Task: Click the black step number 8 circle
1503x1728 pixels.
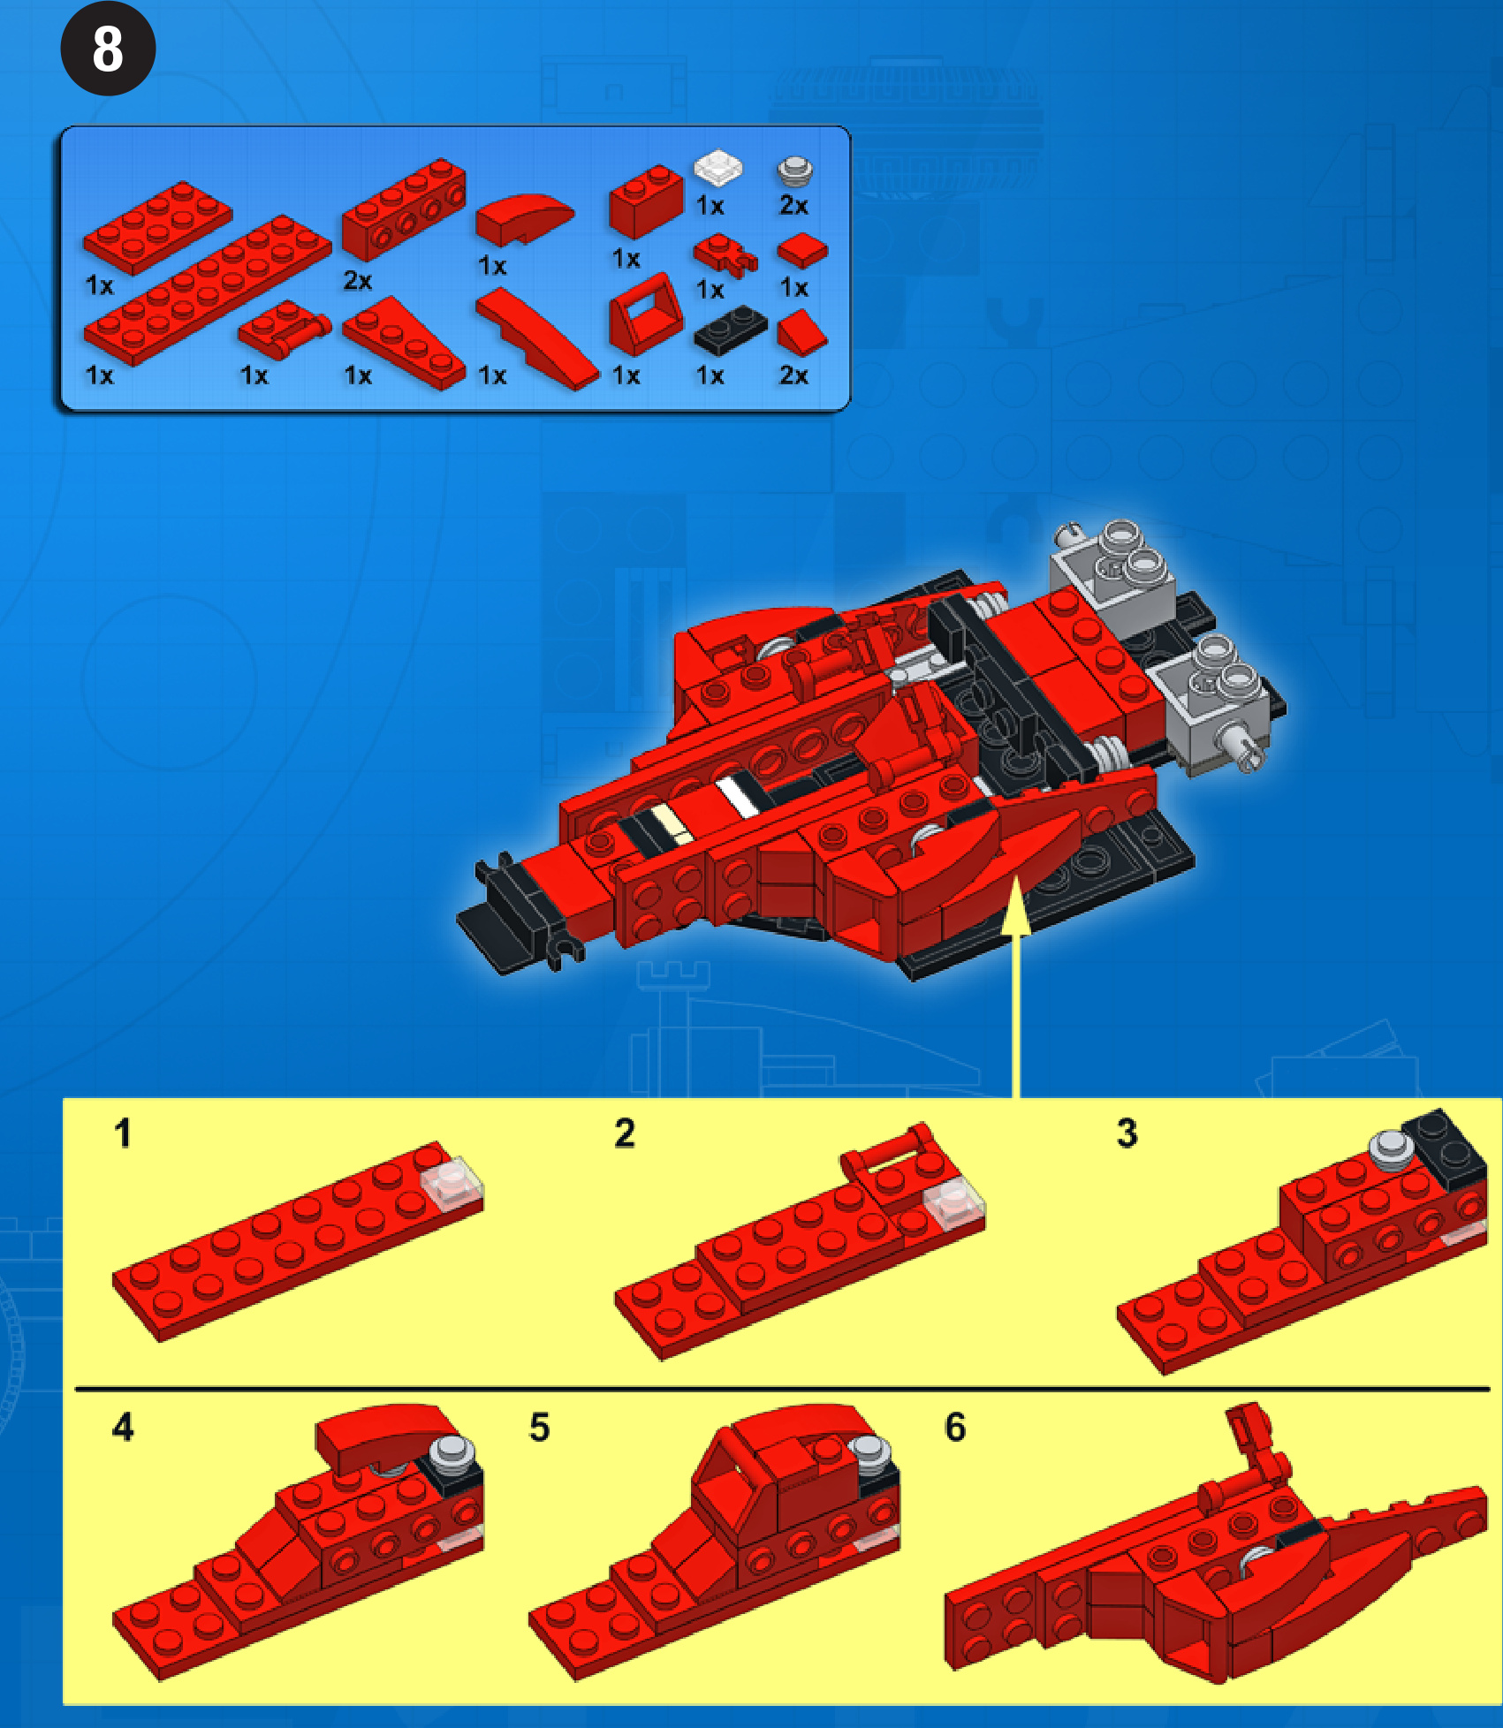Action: [108, 49]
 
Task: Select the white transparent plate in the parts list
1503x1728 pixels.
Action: [717, 168]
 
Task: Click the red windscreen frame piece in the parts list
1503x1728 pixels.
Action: [645, 315]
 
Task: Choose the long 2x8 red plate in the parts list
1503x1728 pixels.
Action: [207, 290]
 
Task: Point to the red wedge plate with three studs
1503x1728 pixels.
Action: [403, 343]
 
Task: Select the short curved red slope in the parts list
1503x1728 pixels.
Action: [523, 217]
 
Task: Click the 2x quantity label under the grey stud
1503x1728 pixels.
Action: [793, 206]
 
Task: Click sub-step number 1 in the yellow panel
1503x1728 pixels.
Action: [123, 1133]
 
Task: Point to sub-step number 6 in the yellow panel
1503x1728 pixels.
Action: [955, 1427]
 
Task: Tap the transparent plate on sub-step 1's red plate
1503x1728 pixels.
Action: [452, 1184]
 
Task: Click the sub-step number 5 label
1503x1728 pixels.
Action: [539, 1427]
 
